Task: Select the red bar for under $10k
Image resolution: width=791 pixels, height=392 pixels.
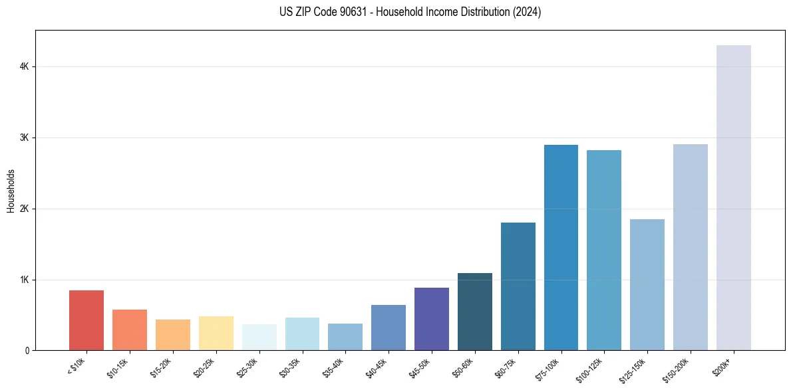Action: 86,320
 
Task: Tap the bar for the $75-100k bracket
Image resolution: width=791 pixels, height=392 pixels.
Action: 561,247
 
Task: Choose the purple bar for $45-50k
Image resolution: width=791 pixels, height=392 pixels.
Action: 431,319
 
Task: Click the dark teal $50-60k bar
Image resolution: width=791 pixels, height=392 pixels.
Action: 474,312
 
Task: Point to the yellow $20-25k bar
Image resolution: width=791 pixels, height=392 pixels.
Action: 216,334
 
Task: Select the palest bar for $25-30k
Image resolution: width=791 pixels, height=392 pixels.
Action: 259,338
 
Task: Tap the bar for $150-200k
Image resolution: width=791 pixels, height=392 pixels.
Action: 690,247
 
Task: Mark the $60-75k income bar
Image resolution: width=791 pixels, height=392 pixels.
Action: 518,286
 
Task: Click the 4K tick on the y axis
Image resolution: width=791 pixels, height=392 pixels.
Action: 24,66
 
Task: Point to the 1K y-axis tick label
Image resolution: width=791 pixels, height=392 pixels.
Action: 24,280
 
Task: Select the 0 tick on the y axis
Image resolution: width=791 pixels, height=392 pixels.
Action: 27,351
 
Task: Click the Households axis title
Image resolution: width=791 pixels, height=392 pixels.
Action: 11,191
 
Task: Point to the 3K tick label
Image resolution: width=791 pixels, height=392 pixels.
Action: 24,138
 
